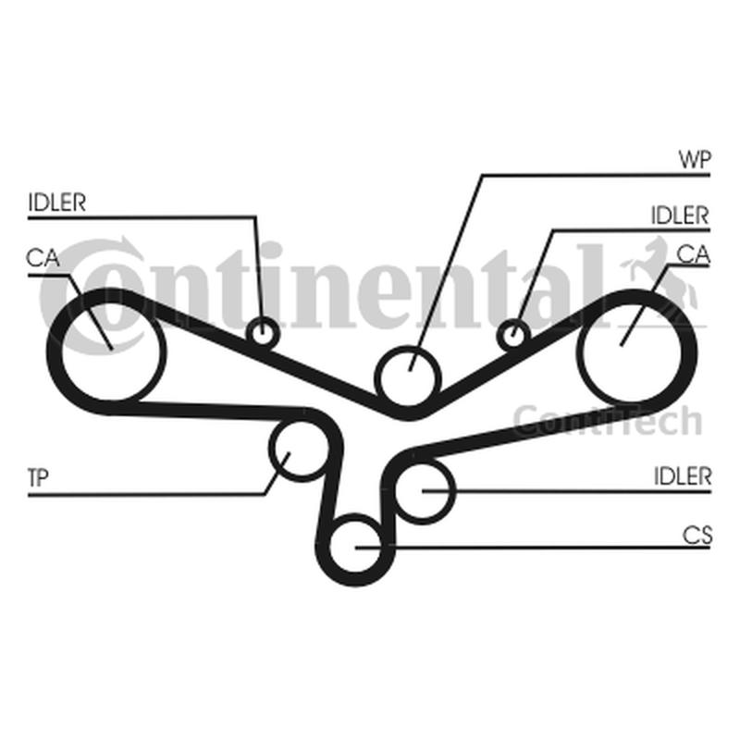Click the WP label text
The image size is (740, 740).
695,160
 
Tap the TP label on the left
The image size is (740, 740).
38,477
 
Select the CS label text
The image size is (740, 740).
697,536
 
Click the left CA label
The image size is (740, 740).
43,258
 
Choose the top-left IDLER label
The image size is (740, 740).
57,203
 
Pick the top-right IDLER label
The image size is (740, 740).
680,216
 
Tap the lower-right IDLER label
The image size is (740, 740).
683,476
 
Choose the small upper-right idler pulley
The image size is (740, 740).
513,336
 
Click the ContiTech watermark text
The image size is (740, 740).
608,421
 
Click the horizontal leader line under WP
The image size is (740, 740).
597,175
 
